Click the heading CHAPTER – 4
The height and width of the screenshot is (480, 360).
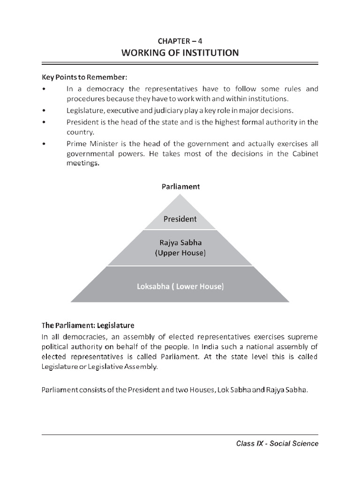(x=180, y=41)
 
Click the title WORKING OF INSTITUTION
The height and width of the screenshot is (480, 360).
(x=180, y=53)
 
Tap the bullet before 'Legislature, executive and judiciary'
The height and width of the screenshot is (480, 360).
(x=44, y=111)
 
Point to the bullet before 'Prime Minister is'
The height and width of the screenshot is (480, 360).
(x=44, y=144)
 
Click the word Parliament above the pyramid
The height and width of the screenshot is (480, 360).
(x=180, y=187)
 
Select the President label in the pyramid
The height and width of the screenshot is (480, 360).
(x=180, y=218)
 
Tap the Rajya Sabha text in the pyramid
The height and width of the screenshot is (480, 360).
(x=180, y=242)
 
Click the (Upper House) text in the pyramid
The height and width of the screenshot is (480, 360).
(x=180, y=253)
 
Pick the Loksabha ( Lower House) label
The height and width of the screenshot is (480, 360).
(x=180, y=286)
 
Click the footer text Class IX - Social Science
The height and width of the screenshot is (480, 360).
(x=277, y=443)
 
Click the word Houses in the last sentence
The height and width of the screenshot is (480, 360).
(x=189, y=390)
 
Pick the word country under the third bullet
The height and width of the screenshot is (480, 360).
(x=81, y=133)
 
